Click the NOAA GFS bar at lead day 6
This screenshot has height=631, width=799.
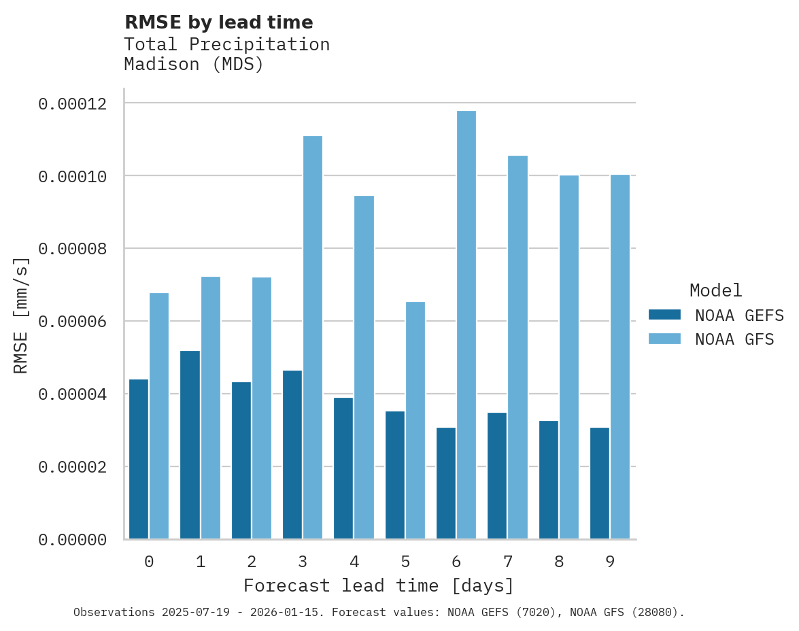click(x=466, y=325)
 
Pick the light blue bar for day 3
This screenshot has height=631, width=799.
click(x=313, y=337)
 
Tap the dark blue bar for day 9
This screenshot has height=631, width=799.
click(x=600, y=483)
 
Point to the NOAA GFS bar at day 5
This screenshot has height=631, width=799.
click(x=415, y=420)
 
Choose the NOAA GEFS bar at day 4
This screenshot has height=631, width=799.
click(x=343, y=468)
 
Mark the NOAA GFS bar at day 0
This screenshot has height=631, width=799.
click(x=159, y=416)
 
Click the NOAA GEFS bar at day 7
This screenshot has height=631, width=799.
click(x=497, y=475)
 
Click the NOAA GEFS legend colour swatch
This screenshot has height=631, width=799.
click(x=664, y=314)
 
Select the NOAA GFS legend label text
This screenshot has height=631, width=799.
click(x=734, y=339)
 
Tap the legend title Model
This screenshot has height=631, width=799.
click(x=715, y=290)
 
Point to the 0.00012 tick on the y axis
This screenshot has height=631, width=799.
click(x=72, y=103)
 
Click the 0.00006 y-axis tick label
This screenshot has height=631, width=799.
click(x=72, y=322)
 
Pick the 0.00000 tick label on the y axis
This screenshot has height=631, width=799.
click(x=72, y=540)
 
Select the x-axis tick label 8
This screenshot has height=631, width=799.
click(x=559, y=562)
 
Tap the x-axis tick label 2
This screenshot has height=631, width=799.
click(x=252, y=562)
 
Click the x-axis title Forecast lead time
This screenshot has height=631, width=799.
click(x=379, y=585)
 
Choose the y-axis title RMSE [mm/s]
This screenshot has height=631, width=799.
click(x=21, y=315)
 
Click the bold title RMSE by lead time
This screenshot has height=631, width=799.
click(x=219, y=22)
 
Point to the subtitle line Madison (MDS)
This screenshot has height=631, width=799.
click(x=194, y=65)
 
